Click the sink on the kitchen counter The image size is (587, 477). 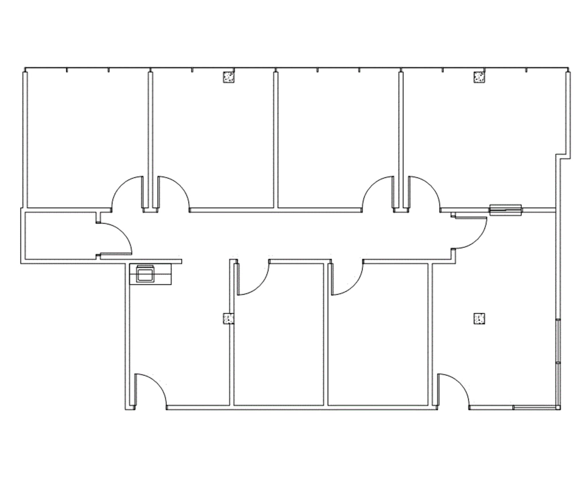146,273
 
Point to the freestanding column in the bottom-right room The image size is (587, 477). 479,318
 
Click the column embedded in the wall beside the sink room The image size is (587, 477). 228,319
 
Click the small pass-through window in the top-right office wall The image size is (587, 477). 505,210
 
